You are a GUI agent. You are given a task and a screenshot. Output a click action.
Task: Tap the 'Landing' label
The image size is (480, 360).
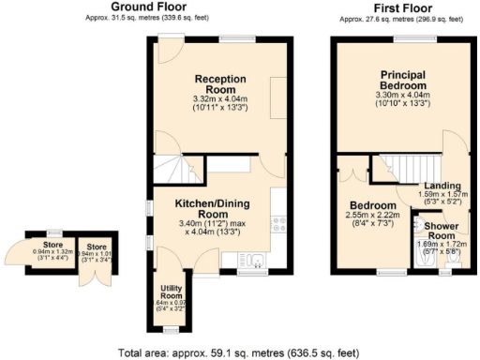(x=441, y=186)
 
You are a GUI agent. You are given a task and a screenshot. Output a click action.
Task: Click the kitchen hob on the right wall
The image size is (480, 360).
(x=277, y=223)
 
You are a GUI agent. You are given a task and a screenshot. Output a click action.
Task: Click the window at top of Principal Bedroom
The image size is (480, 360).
(x=404, y=37)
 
